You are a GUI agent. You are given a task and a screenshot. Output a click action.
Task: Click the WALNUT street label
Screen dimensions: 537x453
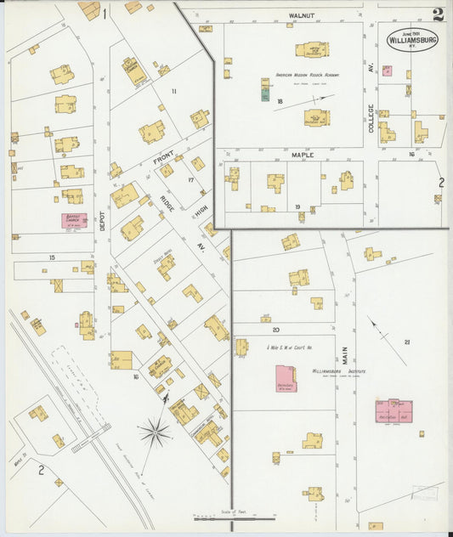coord(301,15)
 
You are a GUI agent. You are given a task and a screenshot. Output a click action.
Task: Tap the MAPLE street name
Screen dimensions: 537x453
coord(303,155)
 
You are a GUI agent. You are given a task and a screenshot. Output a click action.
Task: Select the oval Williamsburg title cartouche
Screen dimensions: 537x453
coord(413,39)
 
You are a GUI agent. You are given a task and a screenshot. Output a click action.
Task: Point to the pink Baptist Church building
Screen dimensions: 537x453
coord(73,220)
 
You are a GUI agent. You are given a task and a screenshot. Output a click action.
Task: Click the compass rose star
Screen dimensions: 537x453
coord(155,432)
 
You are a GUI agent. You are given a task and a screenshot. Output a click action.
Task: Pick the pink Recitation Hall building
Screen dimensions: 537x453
coord(394,411)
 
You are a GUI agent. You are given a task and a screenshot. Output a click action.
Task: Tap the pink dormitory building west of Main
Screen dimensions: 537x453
coord(286,379)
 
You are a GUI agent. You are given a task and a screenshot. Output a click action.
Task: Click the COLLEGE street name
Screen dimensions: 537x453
coord(371,118)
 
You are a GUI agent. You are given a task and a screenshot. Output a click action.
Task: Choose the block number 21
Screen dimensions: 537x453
coord(407,342)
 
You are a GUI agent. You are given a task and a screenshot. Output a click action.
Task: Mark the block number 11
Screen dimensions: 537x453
coord(174,90)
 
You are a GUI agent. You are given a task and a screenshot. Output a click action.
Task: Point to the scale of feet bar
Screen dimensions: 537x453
coord(234,517)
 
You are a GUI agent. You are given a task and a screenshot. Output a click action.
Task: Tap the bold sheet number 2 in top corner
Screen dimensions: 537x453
coord(437,14)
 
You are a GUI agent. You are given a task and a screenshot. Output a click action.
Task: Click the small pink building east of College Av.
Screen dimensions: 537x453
coord(387,71)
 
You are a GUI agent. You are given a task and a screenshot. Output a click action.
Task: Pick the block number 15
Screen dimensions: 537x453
coord(52,257)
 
